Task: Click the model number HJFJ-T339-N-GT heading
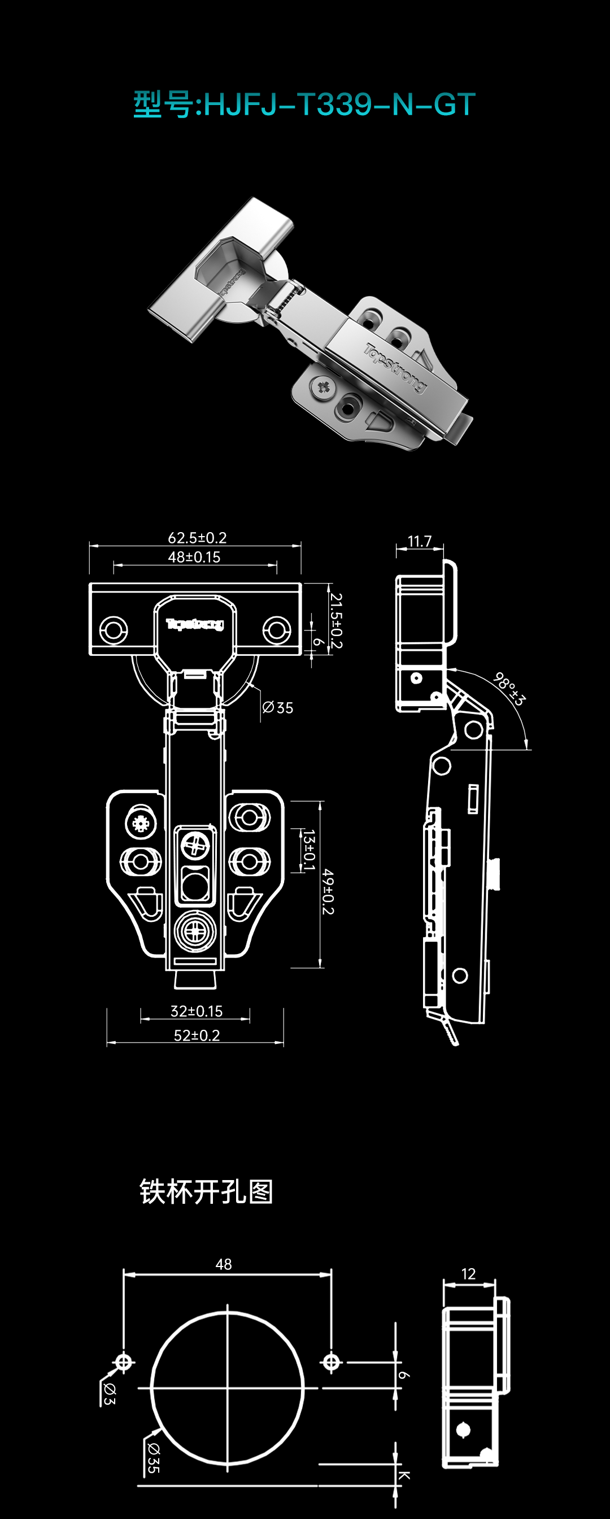304,105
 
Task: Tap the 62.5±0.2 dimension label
197,538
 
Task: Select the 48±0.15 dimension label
194,557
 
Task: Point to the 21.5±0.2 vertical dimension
335,620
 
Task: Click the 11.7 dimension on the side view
420,541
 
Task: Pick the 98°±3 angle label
509,688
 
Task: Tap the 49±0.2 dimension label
328,891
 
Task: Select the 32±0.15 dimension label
196,1011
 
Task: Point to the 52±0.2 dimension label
197,1035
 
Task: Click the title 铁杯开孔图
206,1192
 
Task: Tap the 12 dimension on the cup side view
469,1274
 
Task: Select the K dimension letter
404,1475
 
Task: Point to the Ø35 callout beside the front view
277,708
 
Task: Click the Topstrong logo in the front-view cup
194,624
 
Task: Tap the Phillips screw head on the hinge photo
324,387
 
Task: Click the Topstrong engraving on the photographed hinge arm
394,367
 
